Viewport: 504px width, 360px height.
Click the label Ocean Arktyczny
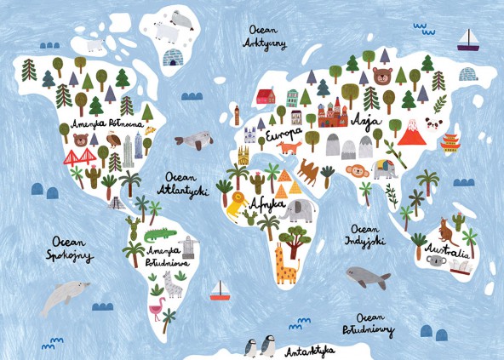coord(266,33)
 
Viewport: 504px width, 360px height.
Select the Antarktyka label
coord(310,350)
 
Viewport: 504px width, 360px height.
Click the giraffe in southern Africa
coord(286,264)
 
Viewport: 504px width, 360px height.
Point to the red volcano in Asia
coord(412,134)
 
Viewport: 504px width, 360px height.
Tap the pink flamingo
coord(157,307)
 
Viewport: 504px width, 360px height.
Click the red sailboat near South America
coord(220,291)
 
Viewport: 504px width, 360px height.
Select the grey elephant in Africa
coord(298,210)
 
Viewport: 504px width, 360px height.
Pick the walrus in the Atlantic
coord(196,139)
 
